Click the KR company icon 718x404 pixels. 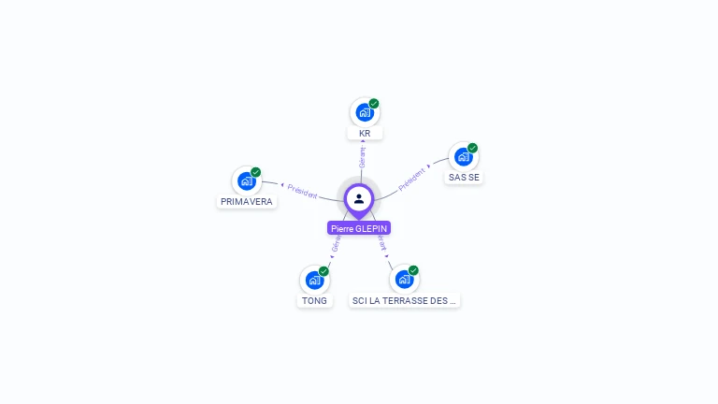pyautogui.click(x=364, y=112)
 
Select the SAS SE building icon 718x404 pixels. pyautogui.click(x=463, y=157)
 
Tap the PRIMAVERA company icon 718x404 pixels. pyautogui.click(x=246, y=180)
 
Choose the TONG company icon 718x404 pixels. pyautogui.click(x=314, y=280)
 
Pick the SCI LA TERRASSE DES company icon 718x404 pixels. pyautogui.click(x=404, y=279)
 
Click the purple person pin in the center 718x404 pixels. pyautogui.click(x=359, y=199)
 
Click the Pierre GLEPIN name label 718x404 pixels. pyautogui.click(x=359, y=228)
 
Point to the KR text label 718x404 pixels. pyautogui.click(x=365, y=134)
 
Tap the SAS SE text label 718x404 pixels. pyautogui.click(x=464, y=178)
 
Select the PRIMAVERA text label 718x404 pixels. pyautogui.click(x=247, y=201)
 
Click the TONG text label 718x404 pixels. pyautogui.click(x=315, y=301)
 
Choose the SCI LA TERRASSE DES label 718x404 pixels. pyautogui.click(x=405, y=301)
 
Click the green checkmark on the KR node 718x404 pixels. pyautogui.click(x=374, y=103)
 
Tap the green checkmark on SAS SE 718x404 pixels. pyautogui.click(x=473, y=148)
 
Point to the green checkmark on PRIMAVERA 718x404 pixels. pyautogui.click(x=256, y=172)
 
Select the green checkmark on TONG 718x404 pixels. pyautogui.click(x=323, y=271)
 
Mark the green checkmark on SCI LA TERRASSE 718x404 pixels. pyautogui.click(x=413, y=270)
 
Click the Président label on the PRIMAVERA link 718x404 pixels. pyautogui.click(x=303, y=190)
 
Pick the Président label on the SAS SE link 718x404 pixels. pyautogui.click(x=412, y=179)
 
